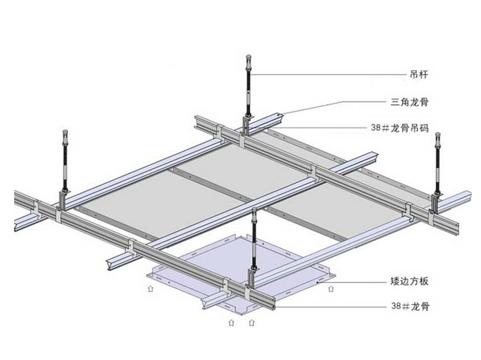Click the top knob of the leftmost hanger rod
point(65,133)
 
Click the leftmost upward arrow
point(150,289)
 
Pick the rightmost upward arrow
point(330,290)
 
